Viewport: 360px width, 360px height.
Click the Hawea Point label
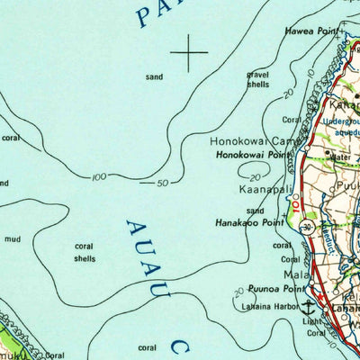[312, 31]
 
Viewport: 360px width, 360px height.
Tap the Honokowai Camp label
[253, 141]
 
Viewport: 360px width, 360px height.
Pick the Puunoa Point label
[279, 289]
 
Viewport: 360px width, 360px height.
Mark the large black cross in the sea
[190, 53]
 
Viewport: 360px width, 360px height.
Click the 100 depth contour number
[98, 177]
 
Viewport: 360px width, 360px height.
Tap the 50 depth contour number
[163, 184]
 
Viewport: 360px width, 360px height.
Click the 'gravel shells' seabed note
[258, 78]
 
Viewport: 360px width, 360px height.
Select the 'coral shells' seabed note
[85, 252]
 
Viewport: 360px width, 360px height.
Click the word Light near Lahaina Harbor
[310, 322]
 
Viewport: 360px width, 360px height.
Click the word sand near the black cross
[154, 77]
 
